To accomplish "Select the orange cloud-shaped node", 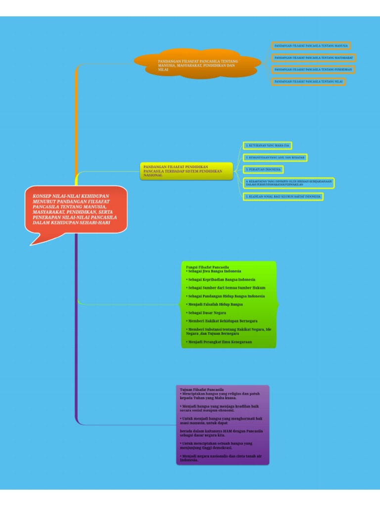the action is click(198, 66).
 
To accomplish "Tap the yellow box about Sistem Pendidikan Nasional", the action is click(186, 171).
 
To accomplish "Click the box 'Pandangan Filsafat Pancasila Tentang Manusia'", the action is click(311, 46).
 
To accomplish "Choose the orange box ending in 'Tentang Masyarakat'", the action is click(313, 58).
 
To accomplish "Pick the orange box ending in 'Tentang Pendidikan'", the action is click(313, 70).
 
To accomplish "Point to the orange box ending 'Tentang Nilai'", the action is click(308, 82).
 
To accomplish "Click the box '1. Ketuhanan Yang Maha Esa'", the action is click(267, 146).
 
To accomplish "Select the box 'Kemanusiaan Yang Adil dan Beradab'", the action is click(275, 158).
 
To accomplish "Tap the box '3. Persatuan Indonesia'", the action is click(263, 169).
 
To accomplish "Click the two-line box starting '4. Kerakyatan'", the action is click(288, 183).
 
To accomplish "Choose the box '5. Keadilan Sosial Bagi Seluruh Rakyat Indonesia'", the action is click(283, 197).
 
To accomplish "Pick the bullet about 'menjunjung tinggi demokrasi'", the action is click(217, 446).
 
